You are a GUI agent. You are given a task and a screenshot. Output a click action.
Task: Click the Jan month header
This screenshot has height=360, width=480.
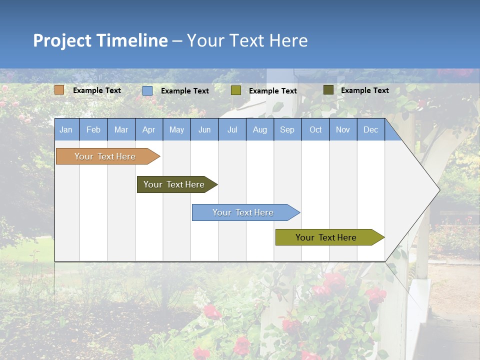tap(66, 129)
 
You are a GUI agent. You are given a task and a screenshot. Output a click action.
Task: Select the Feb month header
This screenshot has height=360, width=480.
tap(93, 129)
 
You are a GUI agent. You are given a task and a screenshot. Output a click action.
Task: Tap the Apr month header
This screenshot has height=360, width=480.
tap(148, 129)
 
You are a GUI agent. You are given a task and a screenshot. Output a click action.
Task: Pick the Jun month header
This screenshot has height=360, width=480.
tap(204, 129)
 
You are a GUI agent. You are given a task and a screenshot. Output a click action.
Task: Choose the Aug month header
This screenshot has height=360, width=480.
tap(259, 129)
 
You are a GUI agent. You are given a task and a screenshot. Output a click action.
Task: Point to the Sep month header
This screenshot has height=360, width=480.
tap(287, 129)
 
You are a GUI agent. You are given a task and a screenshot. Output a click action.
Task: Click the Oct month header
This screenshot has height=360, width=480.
tap(315, 129)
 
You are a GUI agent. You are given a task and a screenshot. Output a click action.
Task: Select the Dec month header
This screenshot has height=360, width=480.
tap(370, 129)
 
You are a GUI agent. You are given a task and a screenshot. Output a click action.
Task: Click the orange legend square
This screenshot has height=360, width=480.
tap(59, 90)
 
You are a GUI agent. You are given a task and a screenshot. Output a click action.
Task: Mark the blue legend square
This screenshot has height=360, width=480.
tap(147, 90)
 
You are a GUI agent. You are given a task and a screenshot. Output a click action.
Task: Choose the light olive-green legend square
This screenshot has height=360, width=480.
tap(236, 90)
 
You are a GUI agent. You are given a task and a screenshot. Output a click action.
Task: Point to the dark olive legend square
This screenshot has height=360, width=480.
tap(328, 90)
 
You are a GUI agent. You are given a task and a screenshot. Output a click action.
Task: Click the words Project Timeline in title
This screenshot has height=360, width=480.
tap(100, 40)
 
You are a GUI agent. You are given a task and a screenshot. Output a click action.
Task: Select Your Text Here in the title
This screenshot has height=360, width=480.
tap(247, 40)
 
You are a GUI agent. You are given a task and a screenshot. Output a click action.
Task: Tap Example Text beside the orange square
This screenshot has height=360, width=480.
tap(97, 90)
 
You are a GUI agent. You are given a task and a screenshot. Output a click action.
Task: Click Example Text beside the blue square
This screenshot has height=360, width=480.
tap(185, 91)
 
